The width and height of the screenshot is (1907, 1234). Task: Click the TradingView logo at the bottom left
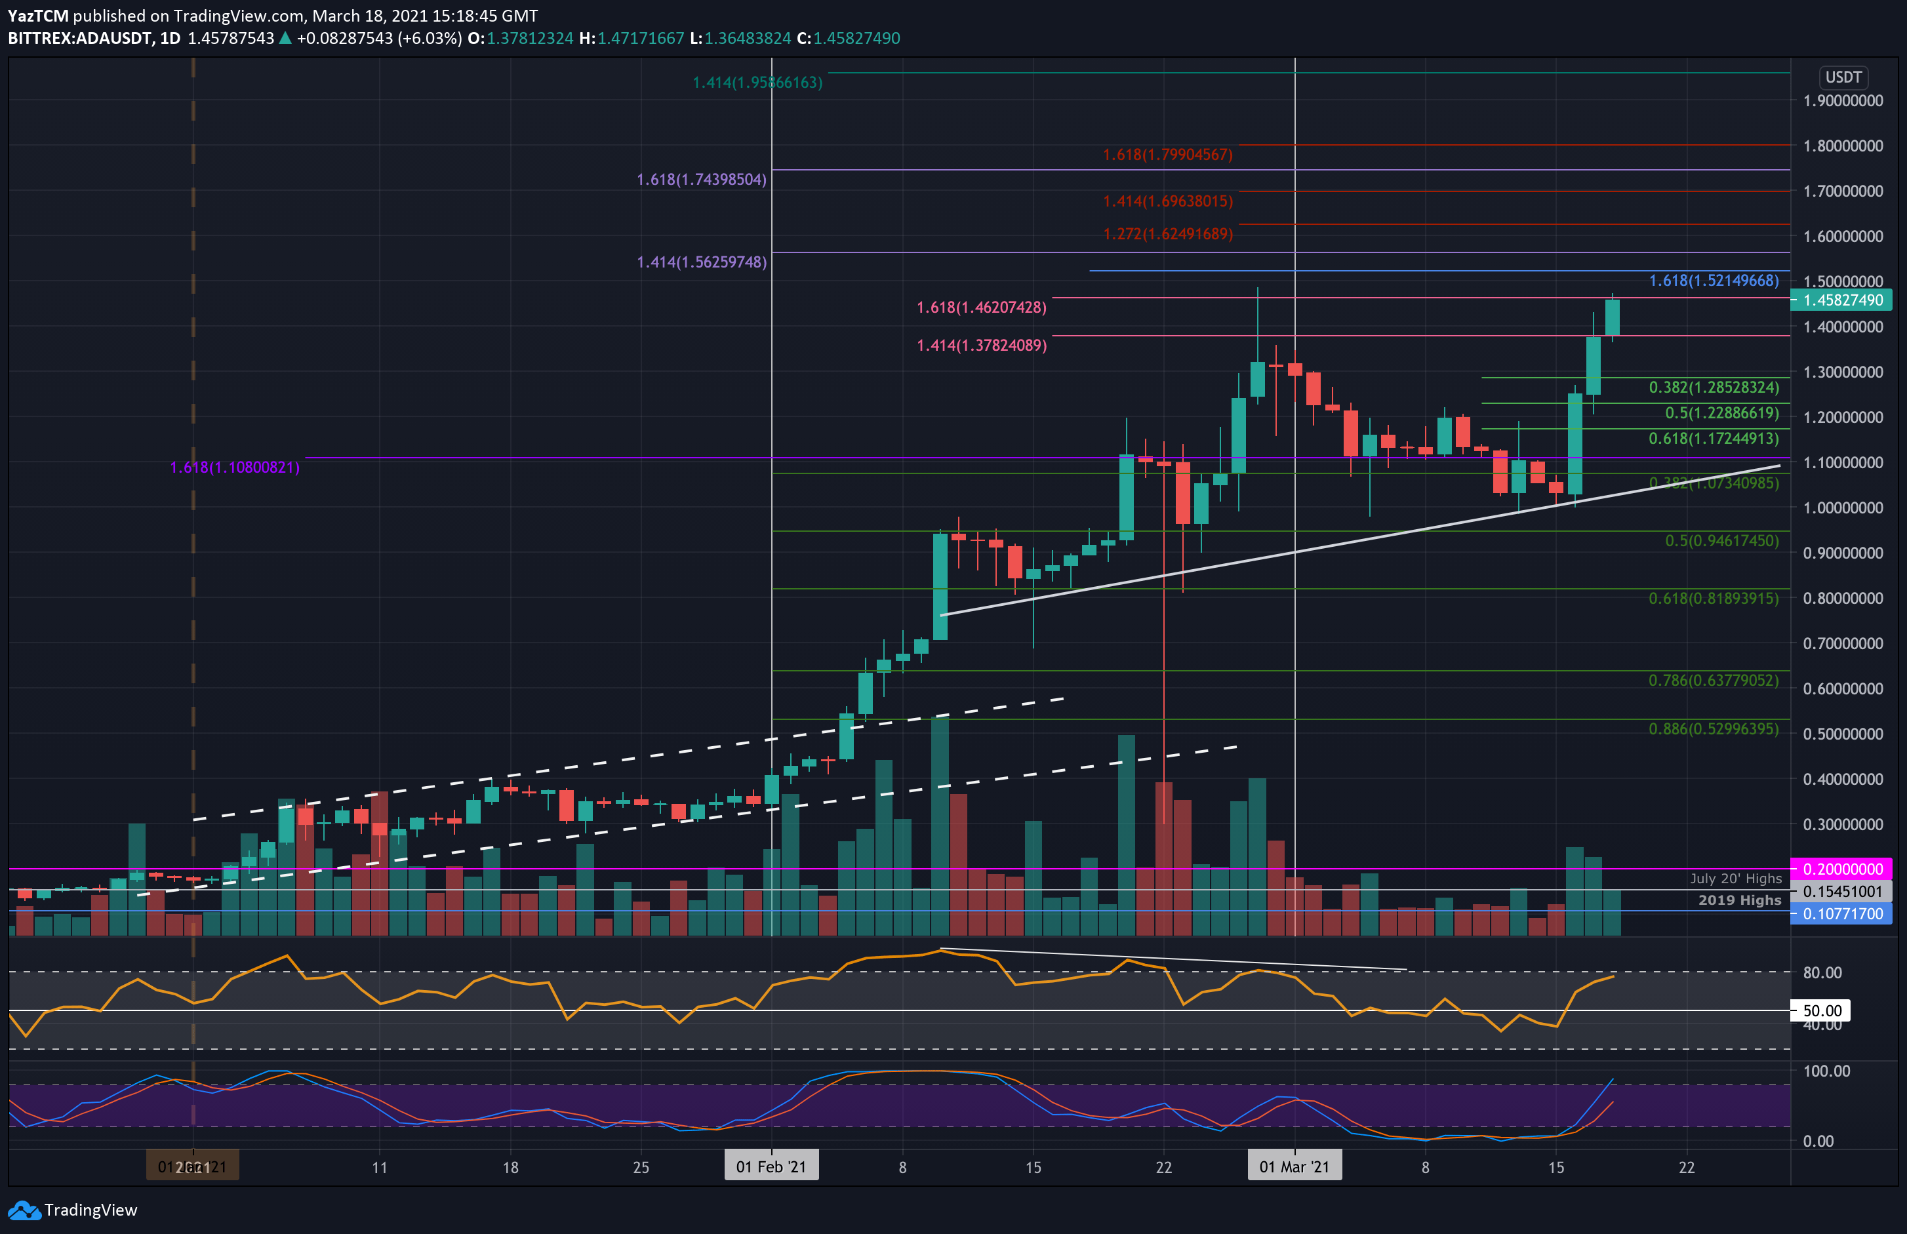point(72,1210)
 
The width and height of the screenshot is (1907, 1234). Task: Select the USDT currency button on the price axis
point(1843,77)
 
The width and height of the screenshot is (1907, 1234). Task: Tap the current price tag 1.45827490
point(1842,300)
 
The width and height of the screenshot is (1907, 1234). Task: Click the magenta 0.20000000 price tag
point(1842,869)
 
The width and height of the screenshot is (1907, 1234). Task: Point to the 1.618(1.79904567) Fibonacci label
point(1167,155)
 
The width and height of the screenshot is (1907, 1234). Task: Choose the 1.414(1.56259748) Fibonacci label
point(701,262)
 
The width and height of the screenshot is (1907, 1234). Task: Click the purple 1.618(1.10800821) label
point(235,467)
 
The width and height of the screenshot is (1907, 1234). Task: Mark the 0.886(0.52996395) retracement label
point(1713,729)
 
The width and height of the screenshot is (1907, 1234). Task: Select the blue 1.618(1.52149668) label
point(1713,281)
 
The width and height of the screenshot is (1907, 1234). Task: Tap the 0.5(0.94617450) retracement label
point(1721,541)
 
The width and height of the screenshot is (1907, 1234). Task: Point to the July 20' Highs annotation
point(1736,879)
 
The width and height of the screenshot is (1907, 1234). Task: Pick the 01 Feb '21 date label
point(771,1166)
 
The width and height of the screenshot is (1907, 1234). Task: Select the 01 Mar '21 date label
point(1294,1166)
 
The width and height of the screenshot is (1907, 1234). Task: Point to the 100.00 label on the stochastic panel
point(1826,1071)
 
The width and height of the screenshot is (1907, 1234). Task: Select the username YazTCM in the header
point(37,15)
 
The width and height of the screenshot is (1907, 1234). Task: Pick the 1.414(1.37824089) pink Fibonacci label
point(982,346)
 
